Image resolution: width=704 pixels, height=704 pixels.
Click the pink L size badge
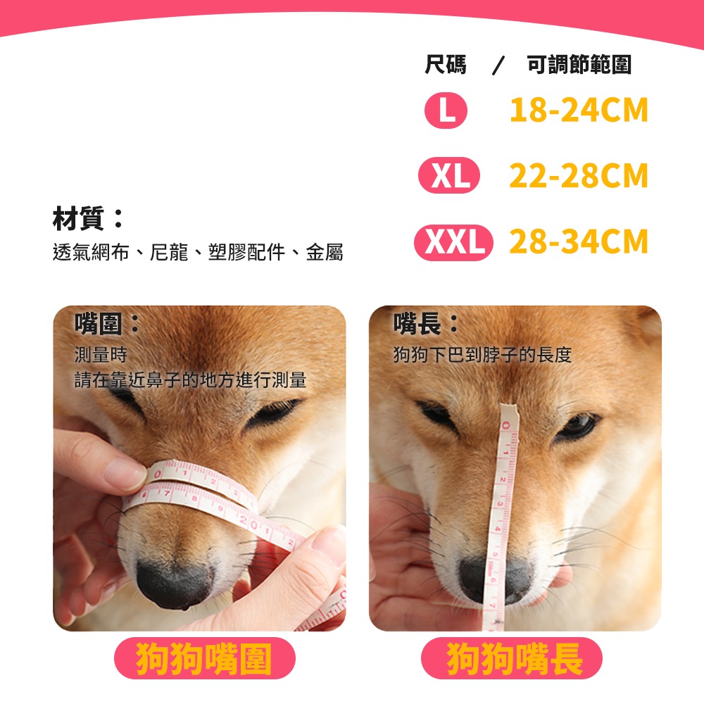446,111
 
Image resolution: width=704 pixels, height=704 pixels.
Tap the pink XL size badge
449,176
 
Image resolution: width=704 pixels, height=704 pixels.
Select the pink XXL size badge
454,242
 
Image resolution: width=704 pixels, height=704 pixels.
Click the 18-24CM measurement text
578,111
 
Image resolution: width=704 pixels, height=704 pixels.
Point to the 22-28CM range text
578,176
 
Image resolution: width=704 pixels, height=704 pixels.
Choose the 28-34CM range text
578,242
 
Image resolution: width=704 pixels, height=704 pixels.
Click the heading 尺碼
446,65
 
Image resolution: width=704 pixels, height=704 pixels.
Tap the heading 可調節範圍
579,65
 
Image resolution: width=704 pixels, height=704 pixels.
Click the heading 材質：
89,219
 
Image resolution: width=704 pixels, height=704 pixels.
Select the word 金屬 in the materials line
325,253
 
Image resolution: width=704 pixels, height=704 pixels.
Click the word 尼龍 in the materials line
170,253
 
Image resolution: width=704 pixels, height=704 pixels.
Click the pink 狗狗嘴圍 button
204,658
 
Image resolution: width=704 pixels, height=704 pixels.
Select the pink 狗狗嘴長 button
512,658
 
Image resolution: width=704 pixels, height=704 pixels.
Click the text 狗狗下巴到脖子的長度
482,355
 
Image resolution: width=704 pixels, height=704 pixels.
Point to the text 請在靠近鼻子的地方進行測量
191,380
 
